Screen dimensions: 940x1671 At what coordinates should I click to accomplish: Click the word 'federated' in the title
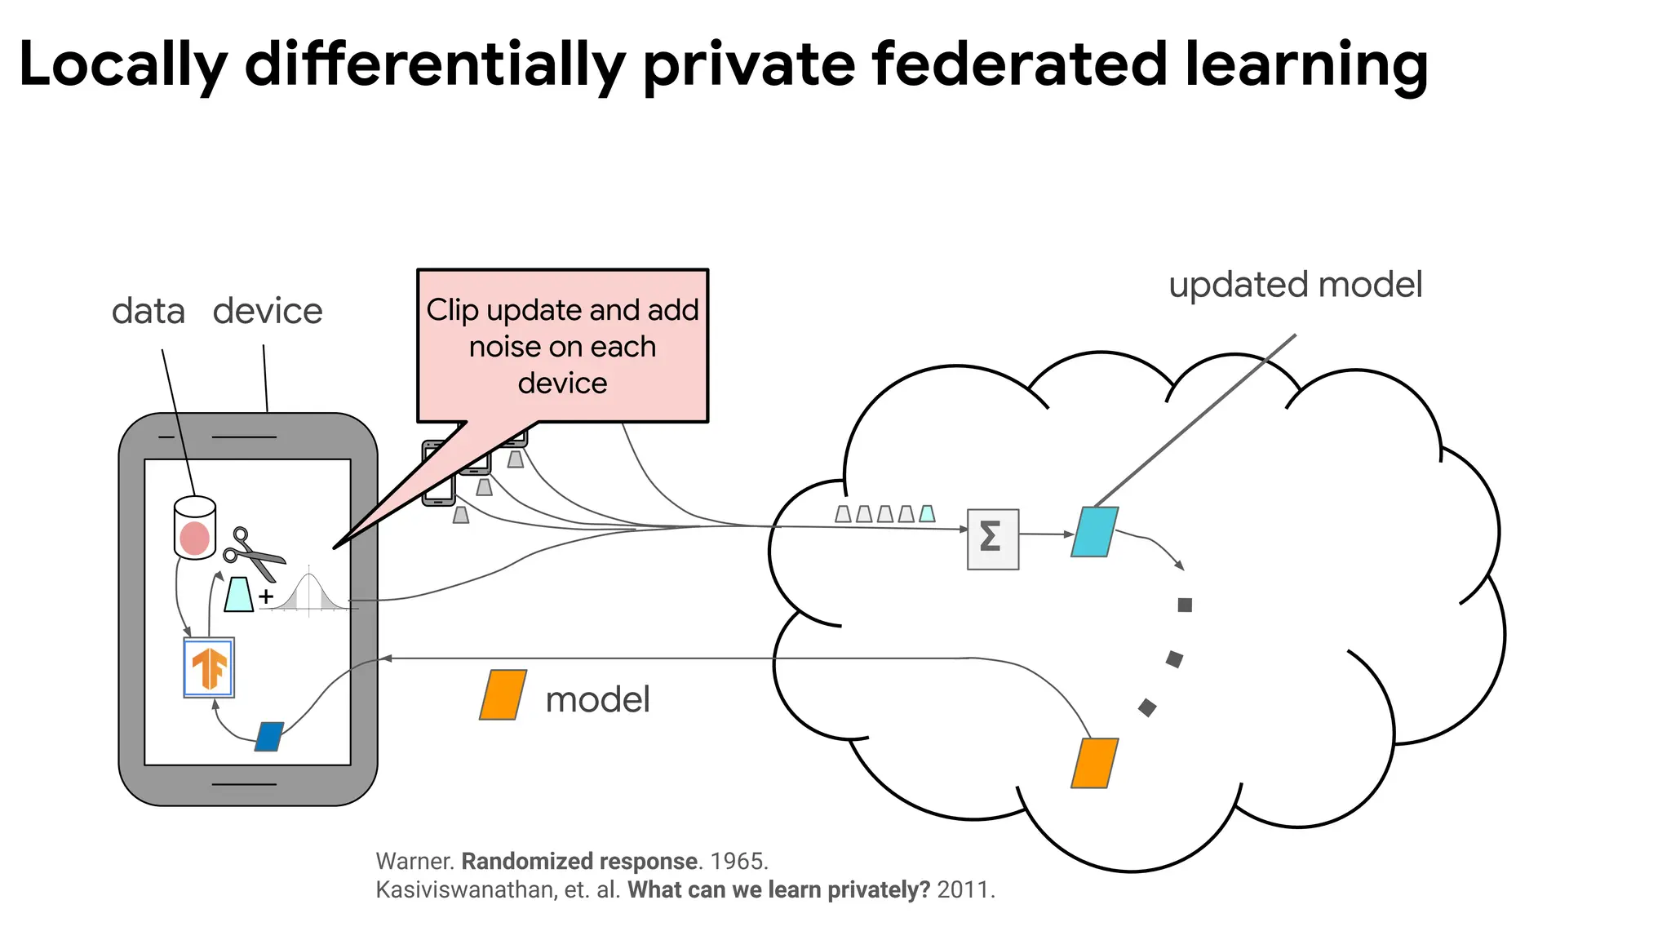1018,65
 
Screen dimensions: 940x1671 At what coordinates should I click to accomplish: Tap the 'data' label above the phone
148,312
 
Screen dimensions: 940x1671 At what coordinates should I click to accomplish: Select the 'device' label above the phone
268,312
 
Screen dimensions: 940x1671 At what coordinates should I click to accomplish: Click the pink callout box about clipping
562,346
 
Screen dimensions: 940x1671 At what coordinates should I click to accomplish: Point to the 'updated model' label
1295,286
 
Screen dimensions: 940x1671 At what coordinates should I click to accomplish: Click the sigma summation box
992,539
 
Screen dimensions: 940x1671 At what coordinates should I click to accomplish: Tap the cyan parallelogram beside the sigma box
1094,532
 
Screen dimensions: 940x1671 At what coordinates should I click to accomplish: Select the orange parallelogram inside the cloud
1094,763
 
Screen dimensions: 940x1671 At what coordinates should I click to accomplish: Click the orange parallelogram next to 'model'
503,695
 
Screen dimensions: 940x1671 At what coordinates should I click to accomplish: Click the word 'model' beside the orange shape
597,700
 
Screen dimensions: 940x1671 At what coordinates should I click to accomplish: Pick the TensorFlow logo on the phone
209,667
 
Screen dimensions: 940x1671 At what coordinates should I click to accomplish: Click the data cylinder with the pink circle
195,528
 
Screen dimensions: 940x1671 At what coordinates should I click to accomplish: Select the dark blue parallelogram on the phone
269,737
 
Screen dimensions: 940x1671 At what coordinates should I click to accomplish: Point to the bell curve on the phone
310,592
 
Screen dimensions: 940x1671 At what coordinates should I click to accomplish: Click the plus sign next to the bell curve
266,597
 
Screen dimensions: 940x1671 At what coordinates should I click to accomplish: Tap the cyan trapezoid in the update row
927,514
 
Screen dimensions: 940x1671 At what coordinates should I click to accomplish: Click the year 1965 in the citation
738,862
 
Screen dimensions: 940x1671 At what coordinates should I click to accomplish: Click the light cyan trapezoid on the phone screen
239,594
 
